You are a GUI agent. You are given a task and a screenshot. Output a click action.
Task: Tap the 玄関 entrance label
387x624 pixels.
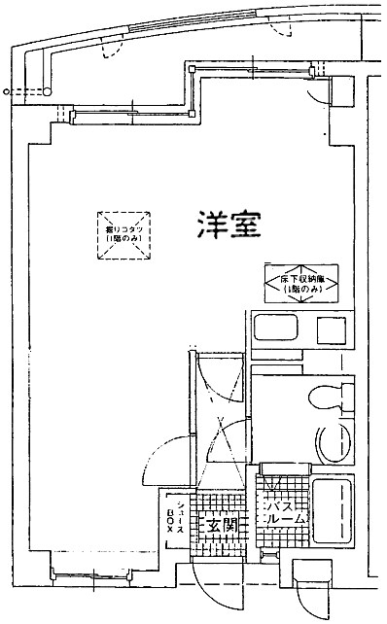(x=220, y=526)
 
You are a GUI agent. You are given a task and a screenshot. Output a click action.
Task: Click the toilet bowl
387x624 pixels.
(x=322, y=398)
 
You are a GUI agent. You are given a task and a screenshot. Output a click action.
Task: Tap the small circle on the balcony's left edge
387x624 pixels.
(x=8, y=92)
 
